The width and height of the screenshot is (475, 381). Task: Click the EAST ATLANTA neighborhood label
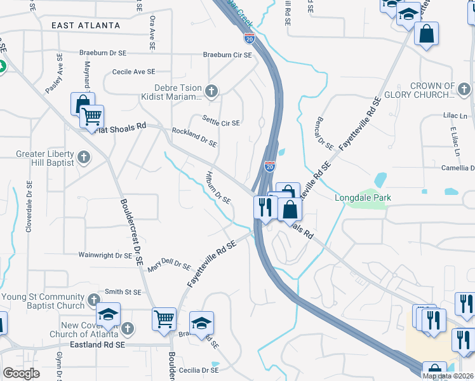click(86, 25)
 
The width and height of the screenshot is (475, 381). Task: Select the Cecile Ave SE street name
click(133, 72)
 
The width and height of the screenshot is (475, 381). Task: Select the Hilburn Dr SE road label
click(218, 187)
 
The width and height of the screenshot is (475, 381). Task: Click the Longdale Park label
click(363, 197)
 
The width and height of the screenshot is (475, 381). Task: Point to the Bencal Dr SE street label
click(324, 133)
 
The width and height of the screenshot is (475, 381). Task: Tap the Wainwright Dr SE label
click(105, 255)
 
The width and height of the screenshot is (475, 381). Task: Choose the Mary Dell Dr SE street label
click(169, 265)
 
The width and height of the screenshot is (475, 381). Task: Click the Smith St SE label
click(123, 292)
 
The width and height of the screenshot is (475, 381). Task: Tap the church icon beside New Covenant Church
click(128, 328)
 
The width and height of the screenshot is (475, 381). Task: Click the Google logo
click(21, 373)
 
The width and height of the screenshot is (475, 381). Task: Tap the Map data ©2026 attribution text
click(448, 376)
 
